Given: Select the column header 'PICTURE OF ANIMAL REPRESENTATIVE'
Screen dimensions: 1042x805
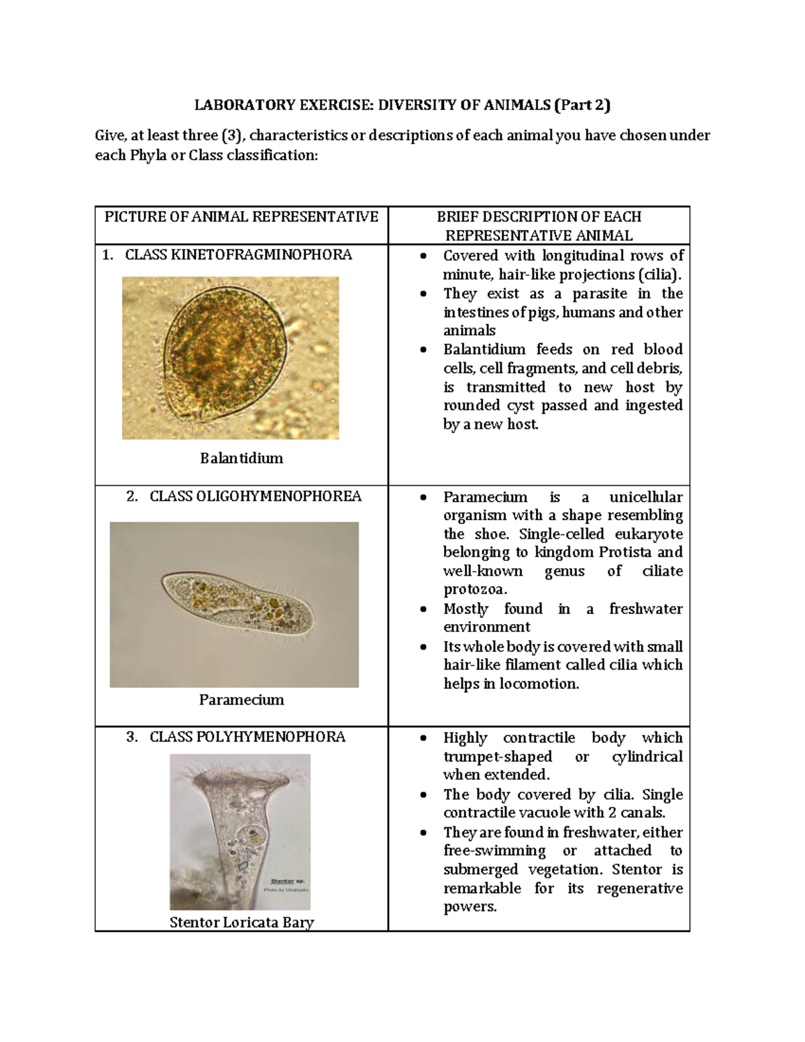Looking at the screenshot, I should [241, 217].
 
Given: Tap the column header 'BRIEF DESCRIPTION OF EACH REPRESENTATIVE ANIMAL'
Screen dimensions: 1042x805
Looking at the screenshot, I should [539, 225].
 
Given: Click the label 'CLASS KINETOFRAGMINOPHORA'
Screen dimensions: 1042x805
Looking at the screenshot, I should [238, 255].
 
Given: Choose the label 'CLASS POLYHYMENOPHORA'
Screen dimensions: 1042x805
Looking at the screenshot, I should [247, 737].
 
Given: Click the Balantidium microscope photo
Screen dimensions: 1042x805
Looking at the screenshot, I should [230, 358].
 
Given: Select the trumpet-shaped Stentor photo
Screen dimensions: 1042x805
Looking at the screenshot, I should [239, 832].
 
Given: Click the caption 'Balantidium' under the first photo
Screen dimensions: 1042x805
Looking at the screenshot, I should [241, 458].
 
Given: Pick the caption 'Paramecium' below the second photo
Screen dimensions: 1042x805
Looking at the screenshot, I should [241, 700].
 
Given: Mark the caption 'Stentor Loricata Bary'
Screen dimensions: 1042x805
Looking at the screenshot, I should [241, 923].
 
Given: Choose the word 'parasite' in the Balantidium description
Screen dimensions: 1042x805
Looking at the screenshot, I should [600, 294].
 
